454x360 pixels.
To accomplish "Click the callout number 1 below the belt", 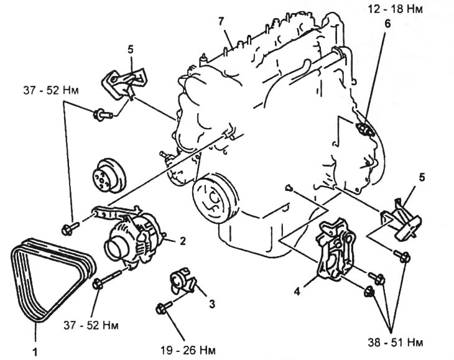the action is coord(35,352).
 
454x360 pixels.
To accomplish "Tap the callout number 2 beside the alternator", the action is coord(183,241).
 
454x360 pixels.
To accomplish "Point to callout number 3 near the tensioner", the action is coord(212,304).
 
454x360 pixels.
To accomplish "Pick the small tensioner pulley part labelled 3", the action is coord(182,280).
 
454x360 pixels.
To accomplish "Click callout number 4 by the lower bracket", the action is coord(297,292).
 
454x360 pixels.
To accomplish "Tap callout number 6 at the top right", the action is coord(387,24).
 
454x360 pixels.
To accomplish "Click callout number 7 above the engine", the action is coord(221,22).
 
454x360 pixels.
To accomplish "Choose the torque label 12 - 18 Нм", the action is coord(396,9).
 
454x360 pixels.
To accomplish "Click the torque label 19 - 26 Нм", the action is coord(188,351).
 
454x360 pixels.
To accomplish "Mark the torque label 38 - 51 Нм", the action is coord(396,343).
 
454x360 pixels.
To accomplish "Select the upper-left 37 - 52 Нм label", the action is coord(51,91).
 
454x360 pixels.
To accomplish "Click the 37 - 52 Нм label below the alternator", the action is coord(91,326).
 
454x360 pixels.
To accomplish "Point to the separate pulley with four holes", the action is coord(109,175).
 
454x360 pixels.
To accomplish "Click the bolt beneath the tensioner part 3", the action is coord(164,307).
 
